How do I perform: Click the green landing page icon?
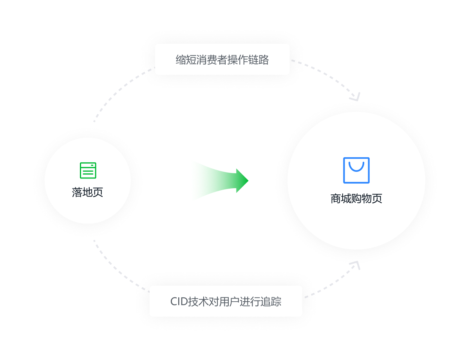click(88, 170)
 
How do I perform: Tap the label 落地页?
click(87, 192)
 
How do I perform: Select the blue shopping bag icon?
click(356, 170)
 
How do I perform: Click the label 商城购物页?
click(356, 198)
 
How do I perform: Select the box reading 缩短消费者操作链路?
click(222, 59)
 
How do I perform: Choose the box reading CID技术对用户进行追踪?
click(226, 301)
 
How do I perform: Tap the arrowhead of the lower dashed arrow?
click(356, 265)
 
